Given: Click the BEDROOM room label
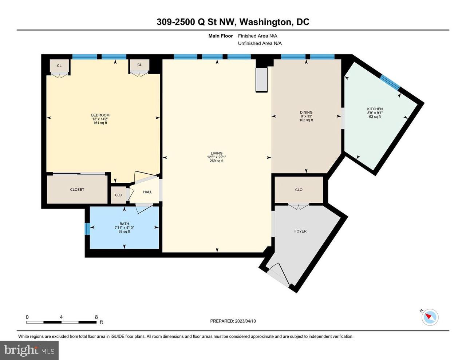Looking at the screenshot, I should (x=100, y=115).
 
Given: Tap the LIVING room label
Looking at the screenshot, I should (x=216, y=153).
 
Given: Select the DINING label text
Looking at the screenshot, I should (x=306, y=112).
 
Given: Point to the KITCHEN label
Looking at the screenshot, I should (x=375, y=109).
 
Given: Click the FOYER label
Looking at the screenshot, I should (x=300, y=231).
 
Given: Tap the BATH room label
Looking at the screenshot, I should (x=124, y=224).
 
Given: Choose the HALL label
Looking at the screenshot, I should (x=147, y=192).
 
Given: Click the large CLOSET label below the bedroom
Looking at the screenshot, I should (x=77, y=190).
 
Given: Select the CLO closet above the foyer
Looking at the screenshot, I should (x=299, y=190).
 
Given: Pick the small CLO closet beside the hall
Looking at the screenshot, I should (x=118, y=195).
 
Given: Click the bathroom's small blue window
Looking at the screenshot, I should (x=87, y=229).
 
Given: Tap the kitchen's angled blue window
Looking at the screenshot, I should (x=390, y=82).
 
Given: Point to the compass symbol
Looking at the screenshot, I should (x=430, y=317).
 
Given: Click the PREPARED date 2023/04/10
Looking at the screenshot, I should (x=245, y=321).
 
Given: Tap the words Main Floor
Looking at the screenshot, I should (x=221, y=36).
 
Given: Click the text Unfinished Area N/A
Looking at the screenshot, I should (x=260, y=43).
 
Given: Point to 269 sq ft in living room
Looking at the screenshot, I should (x=217, y=161).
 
